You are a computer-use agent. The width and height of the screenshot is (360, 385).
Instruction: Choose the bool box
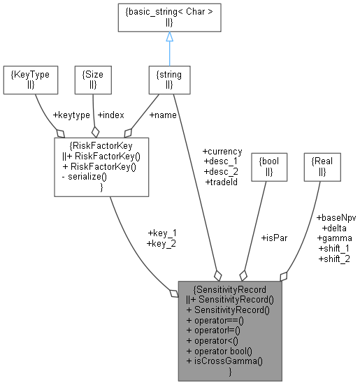[268, 166]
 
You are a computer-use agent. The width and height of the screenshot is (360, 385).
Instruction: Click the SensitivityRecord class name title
[230, 288]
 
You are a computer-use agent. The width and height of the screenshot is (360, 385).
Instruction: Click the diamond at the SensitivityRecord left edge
[174, 293]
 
